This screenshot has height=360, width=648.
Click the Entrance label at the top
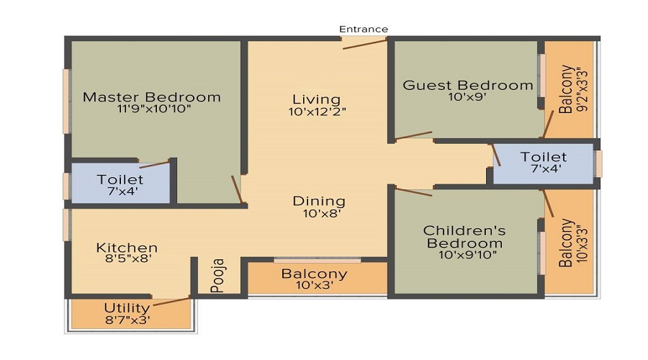pos(364,29)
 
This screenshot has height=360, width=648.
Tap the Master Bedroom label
pos(151,96)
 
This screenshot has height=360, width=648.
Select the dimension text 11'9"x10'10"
pos(151,109)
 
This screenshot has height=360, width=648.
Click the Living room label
pos(316,99)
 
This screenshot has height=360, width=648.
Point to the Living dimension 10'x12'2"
pos(316,112)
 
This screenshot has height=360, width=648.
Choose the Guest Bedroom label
pos(468,85)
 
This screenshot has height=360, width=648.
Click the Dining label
pos(319,201)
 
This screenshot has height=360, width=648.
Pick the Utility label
pos(127,307)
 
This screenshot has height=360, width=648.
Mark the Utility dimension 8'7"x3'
pos(127,320)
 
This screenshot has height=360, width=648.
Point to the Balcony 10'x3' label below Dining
pos(314,274)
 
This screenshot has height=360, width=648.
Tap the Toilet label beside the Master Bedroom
pos(120,179)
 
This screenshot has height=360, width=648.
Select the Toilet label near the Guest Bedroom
pos(544,156)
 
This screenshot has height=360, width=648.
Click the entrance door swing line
pos(364,44)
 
